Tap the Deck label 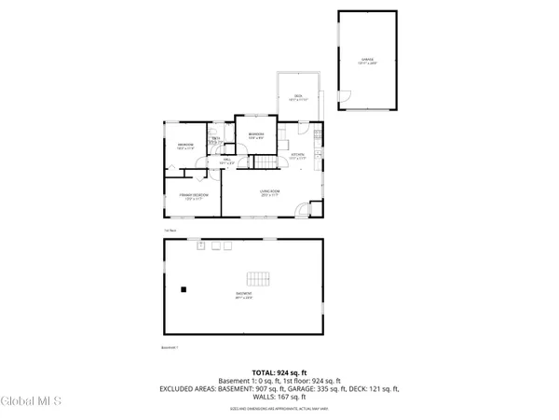click(x=298, y=97)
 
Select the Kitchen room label click(x=298, y=156)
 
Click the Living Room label click(x=270, y=193)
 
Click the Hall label click(x=225, y=162)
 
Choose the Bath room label click(x=215, y=140)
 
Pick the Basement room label click(x=243, y=296)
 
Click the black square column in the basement click(x=184, y=289)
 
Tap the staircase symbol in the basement click(x=257, y=279)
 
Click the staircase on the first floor click(x=267, y=163)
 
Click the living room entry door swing click(x=302, y=212)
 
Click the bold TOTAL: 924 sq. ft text click(x=279, y=373)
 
